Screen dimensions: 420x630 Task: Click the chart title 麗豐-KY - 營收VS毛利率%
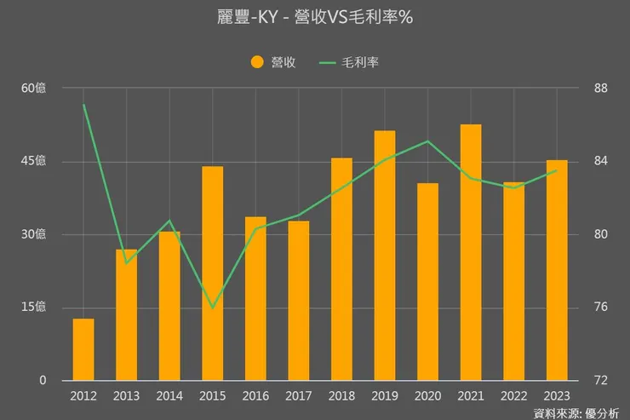pos(315,17)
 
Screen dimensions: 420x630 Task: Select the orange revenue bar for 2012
pos(83,349)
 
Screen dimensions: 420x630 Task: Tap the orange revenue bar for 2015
pos(213,273)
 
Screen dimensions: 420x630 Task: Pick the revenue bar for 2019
pos(385,256)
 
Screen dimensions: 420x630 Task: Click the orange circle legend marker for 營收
pos(257,62)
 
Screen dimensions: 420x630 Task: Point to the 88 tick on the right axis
pos(599,88)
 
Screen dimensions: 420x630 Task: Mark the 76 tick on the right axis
pos(599,307)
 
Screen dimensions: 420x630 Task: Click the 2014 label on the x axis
pos(169,395)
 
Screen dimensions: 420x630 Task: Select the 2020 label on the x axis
pos(427,395)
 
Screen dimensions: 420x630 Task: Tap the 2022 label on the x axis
pos(513,395)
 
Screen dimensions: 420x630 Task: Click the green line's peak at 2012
pos(83,105)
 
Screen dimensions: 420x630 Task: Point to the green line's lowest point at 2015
pos(213,308)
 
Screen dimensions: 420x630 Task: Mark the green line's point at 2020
pos(427,141)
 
